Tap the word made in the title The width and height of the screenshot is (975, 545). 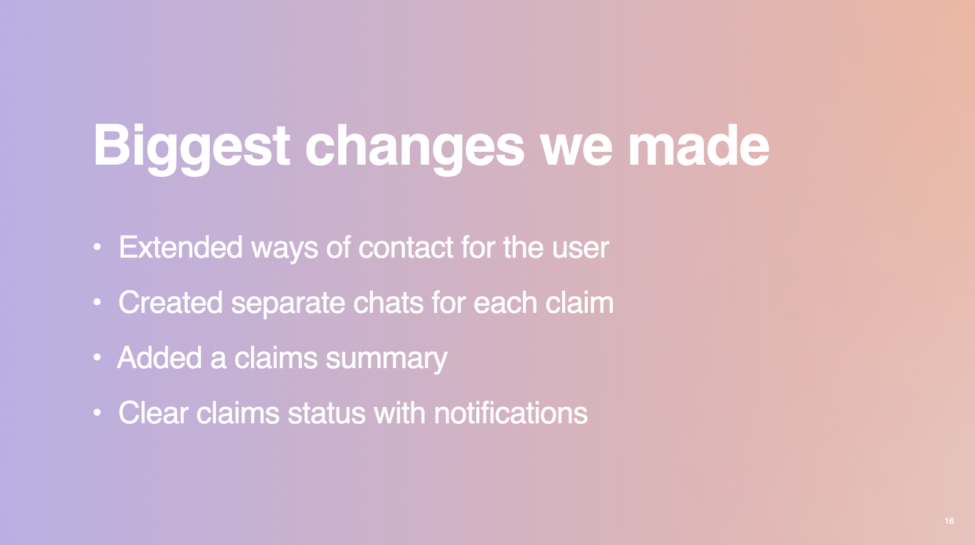pyautogui.click(x=699, y=144)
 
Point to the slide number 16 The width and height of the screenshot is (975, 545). pyautogui.click(x=949, y=521)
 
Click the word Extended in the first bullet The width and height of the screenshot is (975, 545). pyautogui.click(x=180, y=248)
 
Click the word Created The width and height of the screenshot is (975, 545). pyautogui.click(x=170, y=302)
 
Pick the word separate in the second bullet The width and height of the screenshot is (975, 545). pyautogui.click(x=288, y=304)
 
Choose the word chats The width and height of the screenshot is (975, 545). pyautogui.click(x=388, y=302)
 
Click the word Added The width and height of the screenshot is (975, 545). pyautogui.click(x=159, y=357)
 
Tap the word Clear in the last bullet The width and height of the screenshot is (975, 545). pyautogui.click(x=153, y=413)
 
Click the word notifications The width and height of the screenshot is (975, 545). pyautogui.click(x=511, y=413)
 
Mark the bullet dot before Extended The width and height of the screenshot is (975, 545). pyautogui.click(x=97, y=247)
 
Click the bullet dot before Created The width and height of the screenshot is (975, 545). pyautogui.click(x=97, y=302)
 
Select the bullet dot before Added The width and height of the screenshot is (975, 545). pyautogui.click(x=97, y=357)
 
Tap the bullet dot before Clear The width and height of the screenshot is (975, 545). pyautogui.click(x=97, y=412)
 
